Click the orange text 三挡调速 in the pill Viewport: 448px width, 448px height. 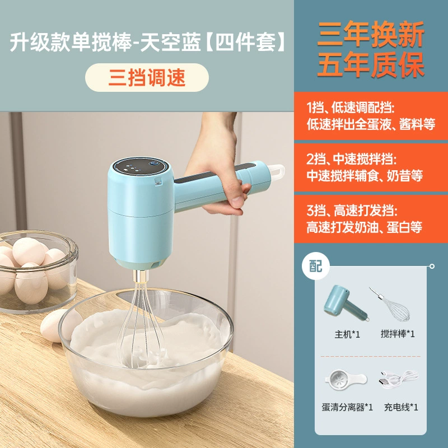[x=147, y=78]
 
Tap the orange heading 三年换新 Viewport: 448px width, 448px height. [x=371, y=34]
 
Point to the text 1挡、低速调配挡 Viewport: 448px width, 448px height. [x=351, y=108]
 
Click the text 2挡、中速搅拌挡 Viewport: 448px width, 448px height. [x=352, y=159]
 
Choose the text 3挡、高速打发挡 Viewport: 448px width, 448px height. [x=352, y=211]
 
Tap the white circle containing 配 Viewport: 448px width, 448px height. [x=316, y=266]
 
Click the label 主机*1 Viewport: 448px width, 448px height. [x=347, y=334]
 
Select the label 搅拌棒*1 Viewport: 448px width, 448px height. [x=398, y=334]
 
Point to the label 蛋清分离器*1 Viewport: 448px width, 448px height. [x=347, y=407]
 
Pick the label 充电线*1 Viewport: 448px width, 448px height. [x=401, y=407]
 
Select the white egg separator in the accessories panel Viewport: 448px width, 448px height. [x=346, y=380]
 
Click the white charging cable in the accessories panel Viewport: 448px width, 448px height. [x=398, y=379]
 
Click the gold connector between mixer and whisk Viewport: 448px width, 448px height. [x=141, y=277]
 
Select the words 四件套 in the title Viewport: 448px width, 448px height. [x=245, y=42]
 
